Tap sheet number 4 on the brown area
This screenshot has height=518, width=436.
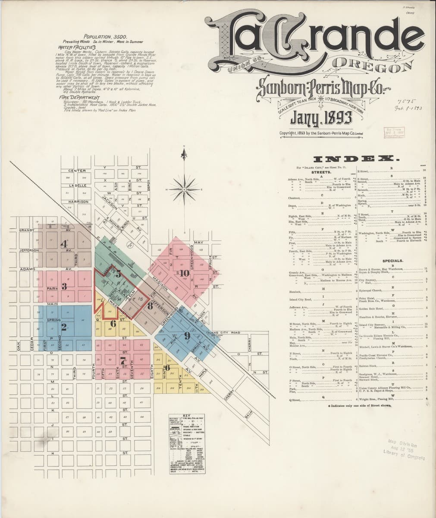(x=64, y=244)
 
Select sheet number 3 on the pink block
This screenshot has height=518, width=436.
(x=64, y=286)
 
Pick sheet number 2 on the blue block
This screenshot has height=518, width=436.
(x=63, y=327)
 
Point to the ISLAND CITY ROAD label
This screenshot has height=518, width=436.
(x=223, y=333)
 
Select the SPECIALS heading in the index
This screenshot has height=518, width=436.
(x=392, y=261)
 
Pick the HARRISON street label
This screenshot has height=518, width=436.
(x=78, y=202)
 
